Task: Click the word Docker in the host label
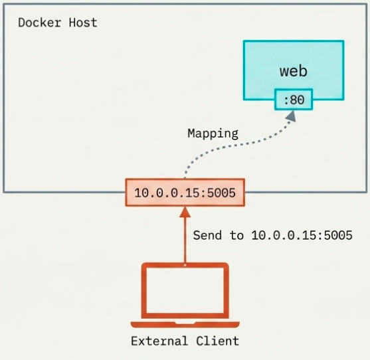click(40, 23)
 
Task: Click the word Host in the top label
click(83, 23)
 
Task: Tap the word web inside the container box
click(294, 71)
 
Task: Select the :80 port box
click(294, 100)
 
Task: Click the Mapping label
click(213, 134)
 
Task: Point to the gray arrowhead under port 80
click(291, 116)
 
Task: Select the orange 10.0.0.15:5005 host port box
click(185, 193)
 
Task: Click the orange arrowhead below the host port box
click(185, 212)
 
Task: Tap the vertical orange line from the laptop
click(185, 240)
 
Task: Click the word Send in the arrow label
click(207, 235)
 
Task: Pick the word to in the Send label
click(236, 235)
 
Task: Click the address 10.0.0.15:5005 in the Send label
click(302, 235)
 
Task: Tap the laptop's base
click(185, 324)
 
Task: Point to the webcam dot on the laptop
click(185, 265)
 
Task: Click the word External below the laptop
click(159, 341)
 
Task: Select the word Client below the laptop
click(218, 341)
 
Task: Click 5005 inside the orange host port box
click(221, 193)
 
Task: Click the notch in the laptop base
click(185, 323)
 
